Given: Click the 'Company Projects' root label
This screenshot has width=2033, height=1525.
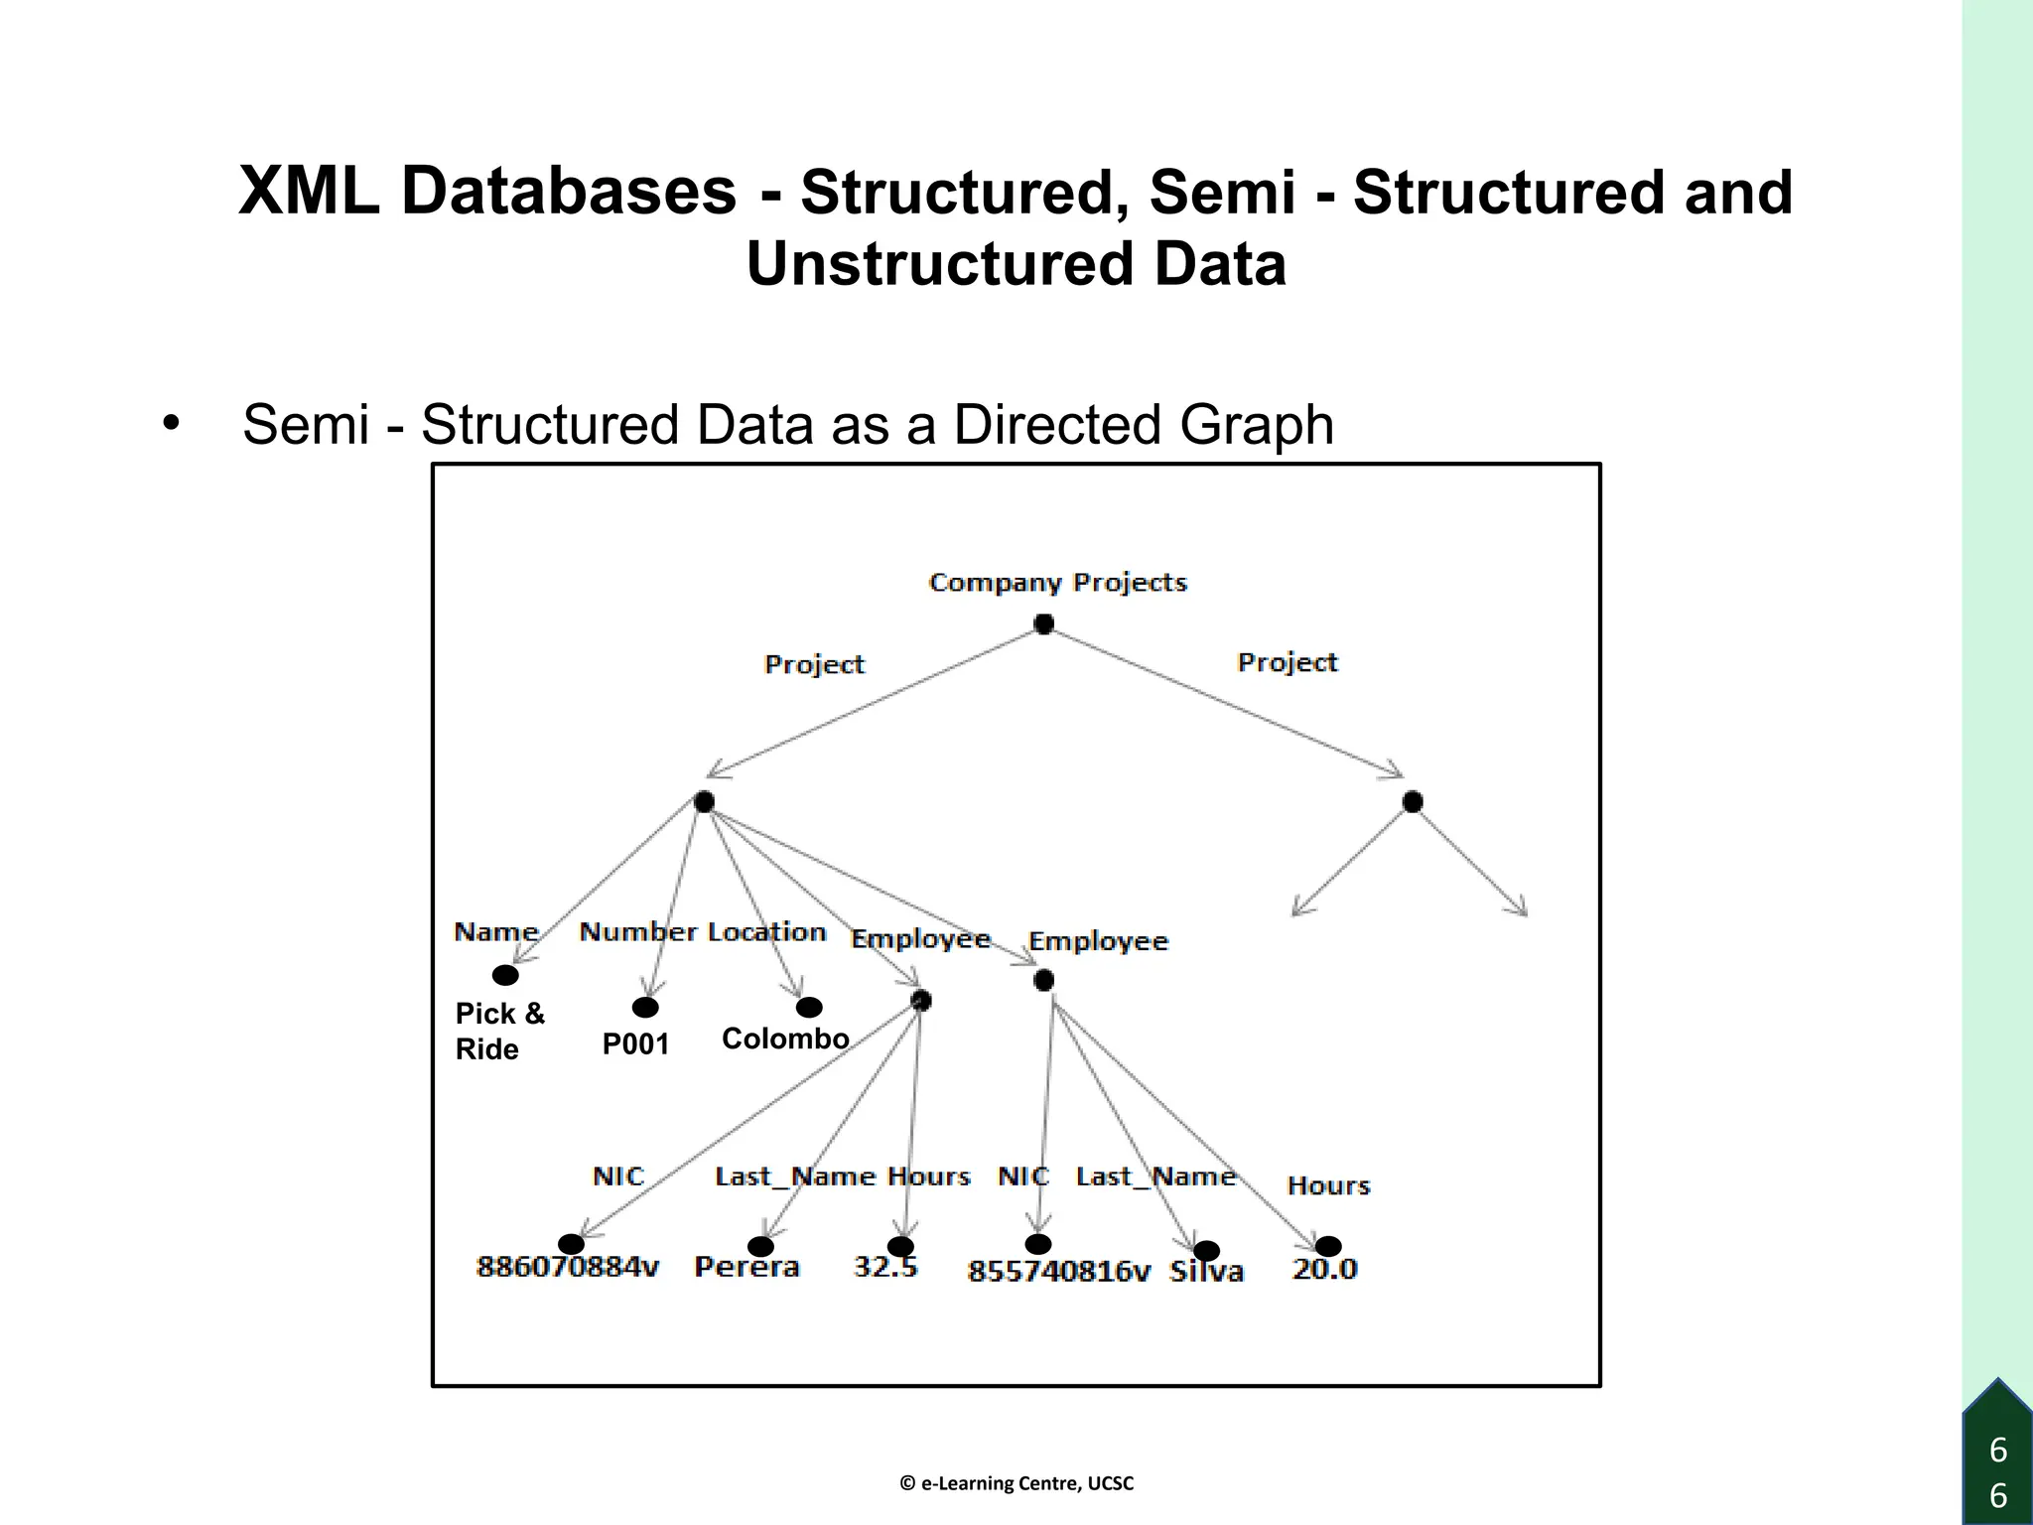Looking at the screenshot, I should click(x=1057, y=583).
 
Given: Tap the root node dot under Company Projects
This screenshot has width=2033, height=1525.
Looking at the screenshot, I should click(x=1043, y=624).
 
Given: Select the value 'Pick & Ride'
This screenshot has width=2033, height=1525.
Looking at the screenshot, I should click(x=499, y=1031).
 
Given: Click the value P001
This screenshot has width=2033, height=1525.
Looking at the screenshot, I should click(x=635, y=1044).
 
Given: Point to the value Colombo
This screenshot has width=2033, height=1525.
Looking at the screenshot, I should click(x=785, y=1039).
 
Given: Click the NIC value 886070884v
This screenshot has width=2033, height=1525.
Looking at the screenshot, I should click(x=568, y=1268).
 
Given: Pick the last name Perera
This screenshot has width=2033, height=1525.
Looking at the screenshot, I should click(x=746, y=1268).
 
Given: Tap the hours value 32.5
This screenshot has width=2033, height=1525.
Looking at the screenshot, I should click(x=885, y=1268).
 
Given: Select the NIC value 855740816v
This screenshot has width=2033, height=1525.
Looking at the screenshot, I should click(x=1058, y=1272).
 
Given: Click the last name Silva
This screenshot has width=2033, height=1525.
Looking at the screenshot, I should click(x=1206, y=1272).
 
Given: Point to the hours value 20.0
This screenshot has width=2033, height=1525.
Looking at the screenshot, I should click(x=1324, y=1269).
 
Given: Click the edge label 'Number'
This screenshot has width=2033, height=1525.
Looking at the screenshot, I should click(x=637, y=932).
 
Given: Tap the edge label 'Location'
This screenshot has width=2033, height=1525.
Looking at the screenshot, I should click(x=766, y=932).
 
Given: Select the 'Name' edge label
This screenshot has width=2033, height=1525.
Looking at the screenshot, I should click(x=495, y=932).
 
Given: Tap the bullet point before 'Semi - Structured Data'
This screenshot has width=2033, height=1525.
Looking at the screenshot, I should click(x=171, y=423).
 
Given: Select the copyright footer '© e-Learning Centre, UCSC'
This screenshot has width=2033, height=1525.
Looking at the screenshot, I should click(x=1016, y=1483).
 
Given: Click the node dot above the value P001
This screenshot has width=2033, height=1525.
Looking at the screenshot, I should click(x=645, y=1008).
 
